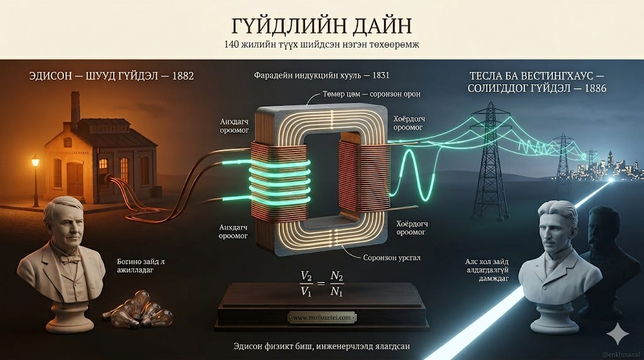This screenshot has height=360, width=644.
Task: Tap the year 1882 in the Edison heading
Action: point(179,76)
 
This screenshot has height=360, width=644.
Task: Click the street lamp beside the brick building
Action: point(35,165)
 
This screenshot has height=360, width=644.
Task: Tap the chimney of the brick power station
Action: point(75,108)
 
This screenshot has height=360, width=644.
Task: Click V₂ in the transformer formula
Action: point(306,277)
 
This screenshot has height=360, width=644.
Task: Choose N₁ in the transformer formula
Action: point(337,291)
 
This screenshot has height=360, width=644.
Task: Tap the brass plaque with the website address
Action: point(322,318)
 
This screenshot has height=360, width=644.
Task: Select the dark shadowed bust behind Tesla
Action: point(604,252)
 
